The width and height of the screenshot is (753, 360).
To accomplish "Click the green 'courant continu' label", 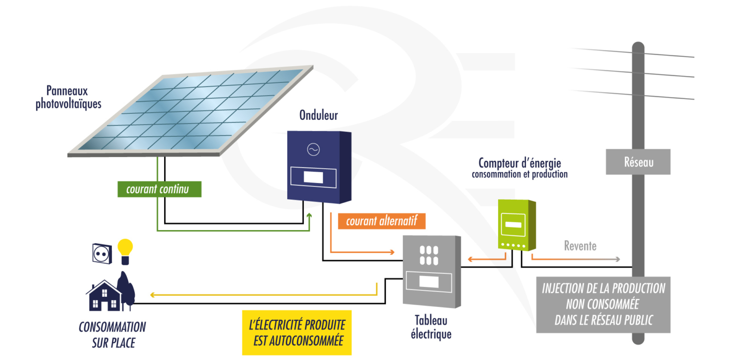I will pyautogui.click(x=159, y=189).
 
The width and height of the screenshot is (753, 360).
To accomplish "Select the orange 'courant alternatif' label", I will pyautogui.click(x=381, y=221).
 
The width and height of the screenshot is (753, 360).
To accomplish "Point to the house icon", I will pyautogui.click(x=104, y=295).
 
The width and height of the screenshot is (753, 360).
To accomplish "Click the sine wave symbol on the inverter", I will pyautogui.click(x=313, y=150).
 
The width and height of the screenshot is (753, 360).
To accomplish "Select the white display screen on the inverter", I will pyautogui.click(x=313, y=177).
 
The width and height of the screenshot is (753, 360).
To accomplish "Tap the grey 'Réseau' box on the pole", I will pyautogui.click(x=638, y=162).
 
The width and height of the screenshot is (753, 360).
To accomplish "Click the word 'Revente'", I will pyautogui.click(x=580, y=245).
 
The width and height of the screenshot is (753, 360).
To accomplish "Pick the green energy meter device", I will pyautogui.click(x=515, y=225).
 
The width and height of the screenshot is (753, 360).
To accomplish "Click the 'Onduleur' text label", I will pyautogui.click(x=319, y=115).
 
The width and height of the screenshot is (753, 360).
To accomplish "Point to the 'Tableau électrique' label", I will pyautogui.click(x=431, y=327).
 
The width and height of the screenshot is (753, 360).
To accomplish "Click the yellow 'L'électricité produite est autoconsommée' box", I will pyautogui.click(x=297, y=333).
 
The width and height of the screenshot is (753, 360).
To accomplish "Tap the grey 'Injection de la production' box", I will pyautogui.click(x=603, y=304).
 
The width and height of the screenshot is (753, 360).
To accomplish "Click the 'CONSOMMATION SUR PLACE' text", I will pyautogui.click(x=113, y=334).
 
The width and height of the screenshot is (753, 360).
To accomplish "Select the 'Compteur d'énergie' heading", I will pyautogui.click(x=520, y=163).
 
